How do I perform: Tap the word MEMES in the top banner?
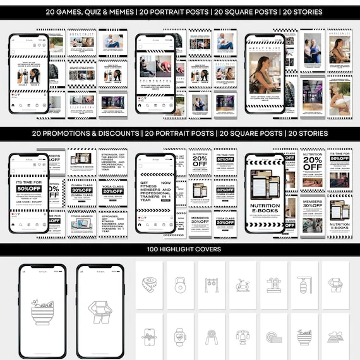120,12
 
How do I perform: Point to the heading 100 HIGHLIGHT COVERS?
180,249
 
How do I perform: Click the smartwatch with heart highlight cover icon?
179,335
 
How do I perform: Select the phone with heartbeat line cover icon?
149,335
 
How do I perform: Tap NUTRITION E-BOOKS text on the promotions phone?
265,210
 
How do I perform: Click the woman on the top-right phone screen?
263,73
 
